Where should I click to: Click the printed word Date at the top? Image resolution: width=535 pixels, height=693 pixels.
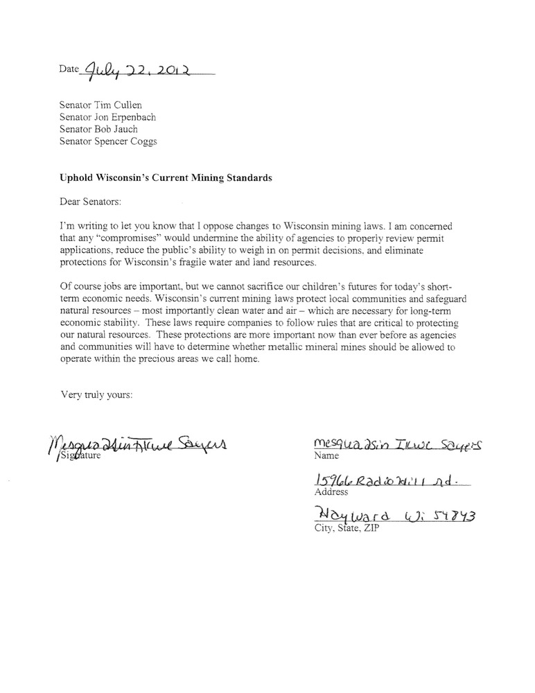coord(69,70)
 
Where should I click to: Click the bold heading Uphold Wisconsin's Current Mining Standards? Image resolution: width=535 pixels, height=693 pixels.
coord(166,177)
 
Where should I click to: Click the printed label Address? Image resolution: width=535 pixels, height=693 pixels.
coord(331,493)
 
